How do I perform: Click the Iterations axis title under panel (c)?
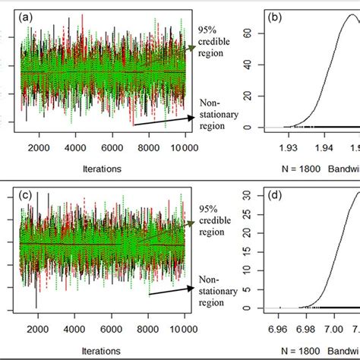99,351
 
